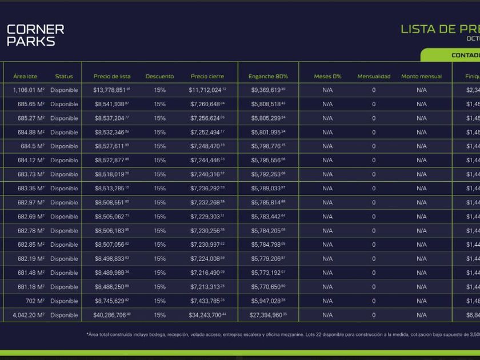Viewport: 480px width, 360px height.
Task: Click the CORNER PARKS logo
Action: pyautogui.click(x=35, y=35)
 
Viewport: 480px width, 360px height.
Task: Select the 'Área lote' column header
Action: pyautogui.click(x=25, y=77)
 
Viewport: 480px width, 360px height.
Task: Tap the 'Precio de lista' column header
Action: pyautogui.click(x=112, y=77)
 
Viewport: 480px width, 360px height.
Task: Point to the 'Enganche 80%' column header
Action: pyautogui.click(x=268, y=77)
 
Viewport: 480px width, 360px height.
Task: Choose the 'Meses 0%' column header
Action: pyautogui.click(x=327, y=77)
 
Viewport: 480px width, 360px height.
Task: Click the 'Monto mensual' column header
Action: pyautogui.click(x=422, y=77)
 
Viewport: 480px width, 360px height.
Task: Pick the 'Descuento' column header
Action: pyautogui.click(x=159, y=77)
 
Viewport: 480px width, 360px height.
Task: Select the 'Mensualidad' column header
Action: pyautogui.click(x=374, y=77)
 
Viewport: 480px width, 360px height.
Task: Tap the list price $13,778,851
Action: pyautogui.click(x=112, y=90)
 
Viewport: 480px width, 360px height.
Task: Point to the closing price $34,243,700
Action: pyautogui.click(x=207, y=315)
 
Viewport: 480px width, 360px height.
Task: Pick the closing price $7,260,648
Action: pyautogui.click(x=207, y=105)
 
